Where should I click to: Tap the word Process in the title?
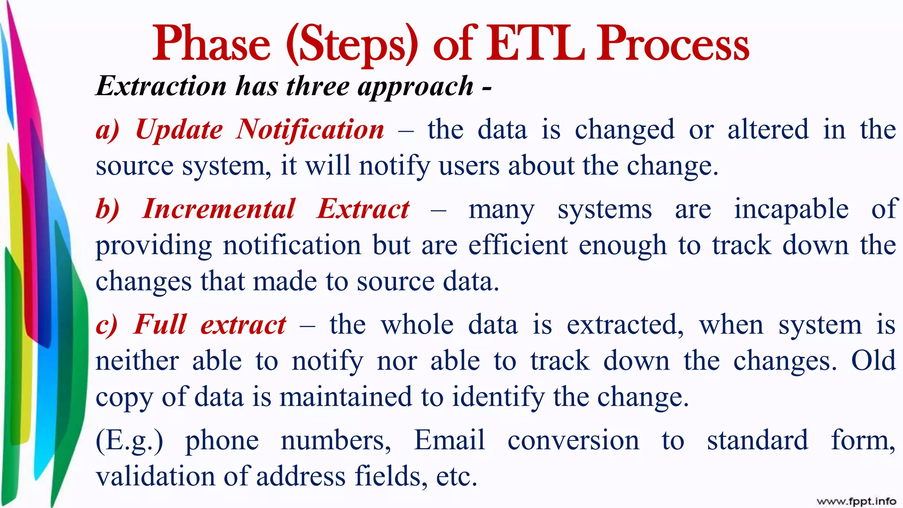(x=673, y=44)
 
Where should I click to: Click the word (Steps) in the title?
(x=351, y=44)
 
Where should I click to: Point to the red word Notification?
(x=310, y=130)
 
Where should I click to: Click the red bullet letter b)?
(x=108, y=209)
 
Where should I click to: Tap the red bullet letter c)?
(x=107, y=325)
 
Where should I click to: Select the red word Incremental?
(x=219, y=209)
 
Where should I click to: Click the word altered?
(x=768, y=130)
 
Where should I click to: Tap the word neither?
(x=137, y=361)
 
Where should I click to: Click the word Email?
(x=449, y=440)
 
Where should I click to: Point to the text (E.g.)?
(x=129, y=441)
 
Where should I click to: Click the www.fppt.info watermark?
(x=856, y=501)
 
